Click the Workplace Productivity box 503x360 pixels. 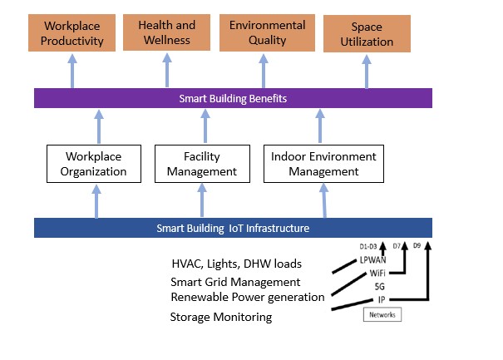73,32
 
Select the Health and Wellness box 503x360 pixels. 166,32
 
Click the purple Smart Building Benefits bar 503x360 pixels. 233,98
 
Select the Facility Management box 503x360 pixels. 201,164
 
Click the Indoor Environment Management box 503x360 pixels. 323,164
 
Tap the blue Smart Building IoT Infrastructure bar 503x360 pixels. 233,228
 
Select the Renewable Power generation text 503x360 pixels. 247,297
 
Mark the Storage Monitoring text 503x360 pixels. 220,317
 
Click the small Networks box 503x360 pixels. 382,314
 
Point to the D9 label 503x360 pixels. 418,245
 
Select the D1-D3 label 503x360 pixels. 369,245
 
